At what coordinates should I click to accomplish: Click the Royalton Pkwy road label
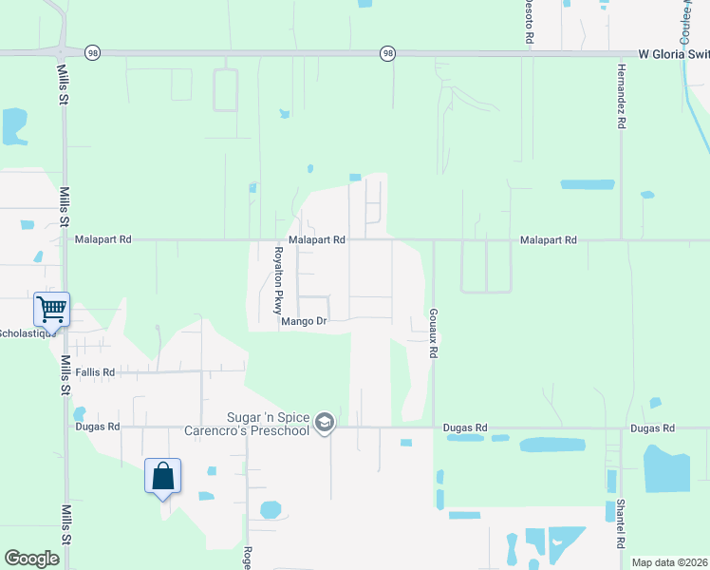pos(278,280)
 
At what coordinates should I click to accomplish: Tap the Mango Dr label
pos(304,322)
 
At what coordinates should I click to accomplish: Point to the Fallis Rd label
pos(95,373)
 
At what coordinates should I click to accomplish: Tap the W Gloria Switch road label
pos(672,54)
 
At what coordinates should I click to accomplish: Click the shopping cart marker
pos(50,308)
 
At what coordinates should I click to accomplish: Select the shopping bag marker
pos(162,474)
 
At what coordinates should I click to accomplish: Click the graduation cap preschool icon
pos(325,422)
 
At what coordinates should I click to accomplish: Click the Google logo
pos(31,559)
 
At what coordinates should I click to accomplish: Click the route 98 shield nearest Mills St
pos(92,53)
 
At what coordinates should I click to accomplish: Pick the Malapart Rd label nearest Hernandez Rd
pos(549,241)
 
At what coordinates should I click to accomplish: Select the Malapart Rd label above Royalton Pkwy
pos(316,241)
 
